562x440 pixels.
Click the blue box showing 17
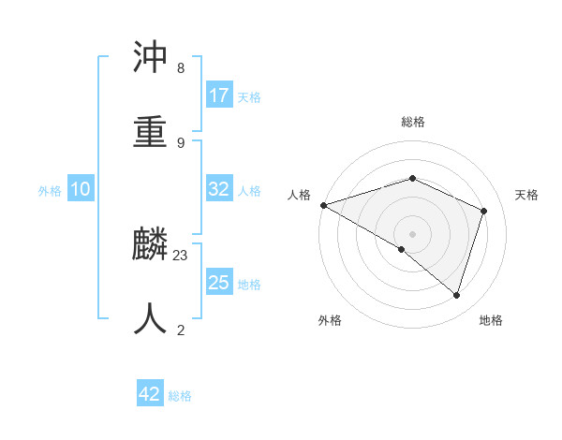tap(219, 95)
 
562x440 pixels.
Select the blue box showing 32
tap(219, 189)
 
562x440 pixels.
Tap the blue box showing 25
tap(219, 283)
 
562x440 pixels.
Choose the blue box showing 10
tap(81, 189)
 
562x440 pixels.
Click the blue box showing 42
tap(150, 395)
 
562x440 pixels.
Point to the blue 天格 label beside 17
tap(249, 96)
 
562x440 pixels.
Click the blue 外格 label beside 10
tap(50, 190)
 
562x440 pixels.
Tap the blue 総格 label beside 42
tap(180, 396)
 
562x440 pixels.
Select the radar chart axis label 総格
tap(412, 122)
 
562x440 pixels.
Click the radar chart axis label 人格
tap(299, 195)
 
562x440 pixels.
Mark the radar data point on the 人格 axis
tap(323, 205)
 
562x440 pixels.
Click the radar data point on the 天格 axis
tap(484, 211)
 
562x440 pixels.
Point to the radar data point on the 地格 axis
tap(456, 295)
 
